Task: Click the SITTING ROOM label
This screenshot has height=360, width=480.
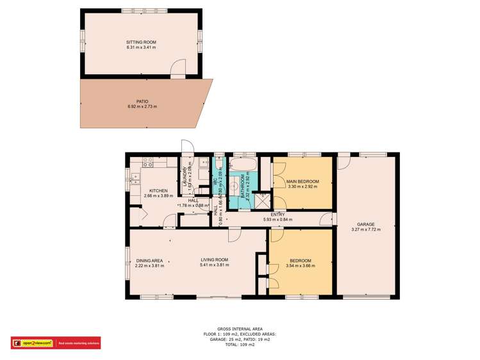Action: [x=141, y=42]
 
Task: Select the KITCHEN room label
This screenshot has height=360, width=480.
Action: [x=158, y=191]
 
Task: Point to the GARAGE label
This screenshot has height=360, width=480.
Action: [x=367, y=224]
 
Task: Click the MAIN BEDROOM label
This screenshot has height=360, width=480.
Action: [x=302, y=181]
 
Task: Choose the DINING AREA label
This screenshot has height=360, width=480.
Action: [x=149, y=261]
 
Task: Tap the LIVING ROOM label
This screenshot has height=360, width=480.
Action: [x=214, y=259]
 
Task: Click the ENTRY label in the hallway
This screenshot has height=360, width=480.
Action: [x=277, y=215]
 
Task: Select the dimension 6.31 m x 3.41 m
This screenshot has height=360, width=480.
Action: [x=141, y=47]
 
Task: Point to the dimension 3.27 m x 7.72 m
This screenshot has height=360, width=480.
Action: [x=367, y=229]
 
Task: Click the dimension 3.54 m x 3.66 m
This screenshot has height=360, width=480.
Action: [x=300, y=265]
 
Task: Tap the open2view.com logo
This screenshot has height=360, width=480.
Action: [x=32, y=343]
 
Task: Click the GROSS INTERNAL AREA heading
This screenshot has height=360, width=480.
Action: [x=240, y=329]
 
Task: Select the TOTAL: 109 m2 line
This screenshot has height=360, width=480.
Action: [x=240, y=345]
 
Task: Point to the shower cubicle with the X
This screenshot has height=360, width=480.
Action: [x=261, y=200]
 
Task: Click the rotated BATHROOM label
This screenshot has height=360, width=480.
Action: [x=243, y=187]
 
